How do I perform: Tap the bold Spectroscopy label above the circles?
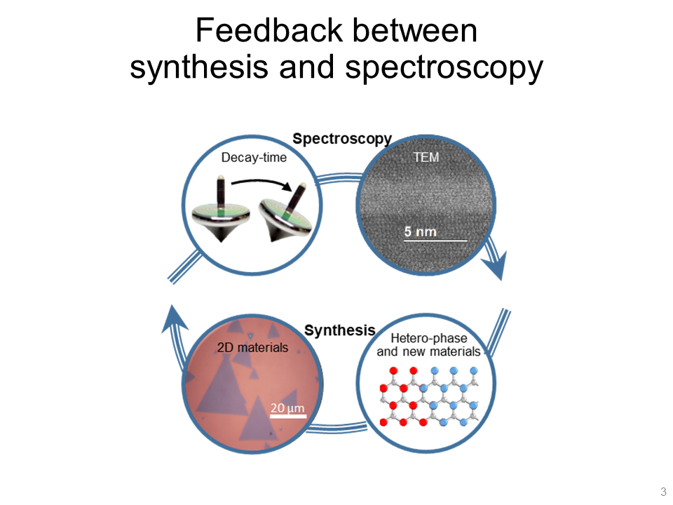point(341,138)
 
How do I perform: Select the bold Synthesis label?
point(340,330)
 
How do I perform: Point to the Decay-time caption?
point(254,157)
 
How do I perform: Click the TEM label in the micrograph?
point(425,157)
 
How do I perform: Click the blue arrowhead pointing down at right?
point(494,264)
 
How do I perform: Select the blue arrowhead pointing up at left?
point(174,320)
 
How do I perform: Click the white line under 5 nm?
point(435,241)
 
